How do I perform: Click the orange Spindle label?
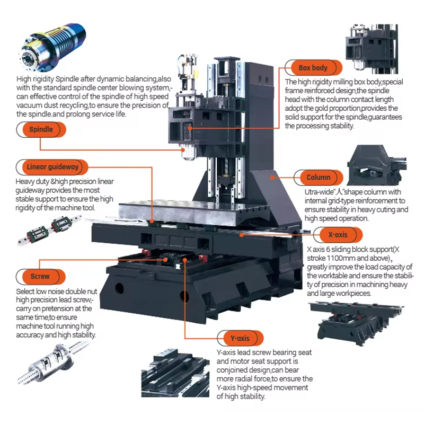point(41,129)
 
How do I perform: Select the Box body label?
point(313,68)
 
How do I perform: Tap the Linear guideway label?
point(52,167)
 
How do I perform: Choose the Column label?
point(318,178)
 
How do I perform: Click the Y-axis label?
point(240,338)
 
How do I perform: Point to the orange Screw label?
point(40,276)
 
